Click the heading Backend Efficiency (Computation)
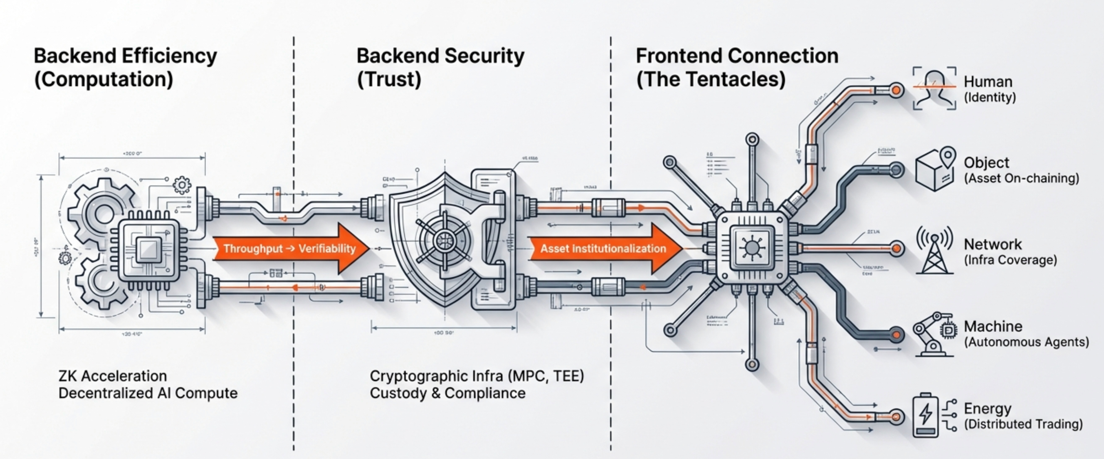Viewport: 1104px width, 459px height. (125, 68)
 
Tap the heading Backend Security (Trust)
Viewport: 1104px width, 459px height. (440, 68)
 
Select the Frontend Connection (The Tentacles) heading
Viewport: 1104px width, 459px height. (737, 68)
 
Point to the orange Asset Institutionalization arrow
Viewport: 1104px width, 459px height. (604, 249)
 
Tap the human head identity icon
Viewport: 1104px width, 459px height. (934, 88)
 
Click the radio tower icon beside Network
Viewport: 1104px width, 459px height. (935, 251)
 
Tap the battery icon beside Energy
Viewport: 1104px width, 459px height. (926, 415)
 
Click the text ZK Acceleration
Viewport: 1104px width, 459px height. (113, 376)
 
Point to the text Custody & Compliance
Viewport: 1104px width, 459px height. (447, 393)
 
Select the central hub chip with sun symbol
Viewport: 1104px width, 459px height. (752, 248)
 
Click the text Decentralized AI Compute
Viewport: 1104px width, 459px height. (148, 393)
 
